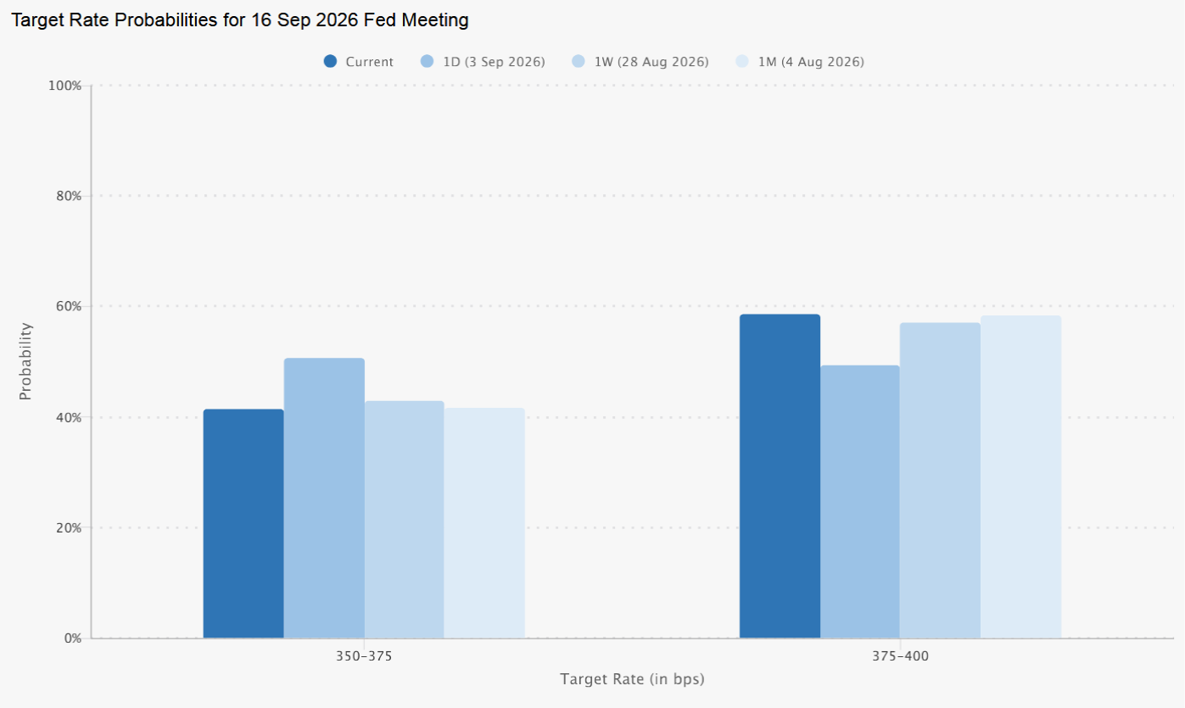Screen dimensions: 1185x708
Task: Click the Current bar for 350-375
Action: click(243, 523)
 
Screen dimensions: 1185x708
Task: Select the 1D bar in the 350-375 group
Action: click(324, 498)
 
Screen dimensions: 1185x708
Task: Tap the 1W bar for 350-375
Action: click(404, 519)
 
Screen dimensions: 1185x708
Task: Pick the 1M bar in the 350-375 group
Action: click(484, 523)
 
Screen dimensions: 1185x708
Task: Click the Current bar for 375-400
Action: click(780, 476)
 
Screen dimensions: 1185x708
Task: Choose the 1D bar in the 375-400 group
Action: click(860, 501)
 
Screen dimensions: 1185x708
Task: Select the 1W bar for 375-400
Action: click(940, 480)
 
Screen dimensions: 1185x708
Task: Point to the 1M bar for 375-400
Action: click(1021, 477)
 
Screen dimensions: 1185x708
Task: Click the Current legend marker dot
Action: click(330, 61)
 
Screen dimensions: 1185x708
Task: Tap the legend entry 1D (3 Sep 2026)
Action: click(483, 62)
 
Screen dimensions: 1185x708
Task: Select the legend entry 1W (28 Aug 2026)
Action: click(640, 62)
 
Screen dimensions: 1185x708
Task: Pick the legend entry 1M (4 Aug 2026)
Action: click(800, 62)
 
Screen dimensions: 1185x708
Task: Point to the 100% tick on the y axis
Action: click(65, 86)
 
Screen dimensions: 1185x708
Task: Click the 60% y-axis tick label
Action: click(69, 306)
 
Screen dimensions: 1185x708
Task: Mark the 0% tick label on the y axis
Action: click(73, 638)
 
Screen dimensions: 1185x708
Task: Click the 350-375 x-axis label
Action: click(364, 656)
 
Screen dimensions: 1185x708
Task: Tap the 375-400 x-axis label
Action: click(900, 656)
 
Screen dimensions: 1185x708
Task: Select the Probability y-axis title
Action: click(25, 361)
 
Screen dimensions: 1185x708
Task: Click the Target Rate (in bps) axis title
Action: click(632, 679)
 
